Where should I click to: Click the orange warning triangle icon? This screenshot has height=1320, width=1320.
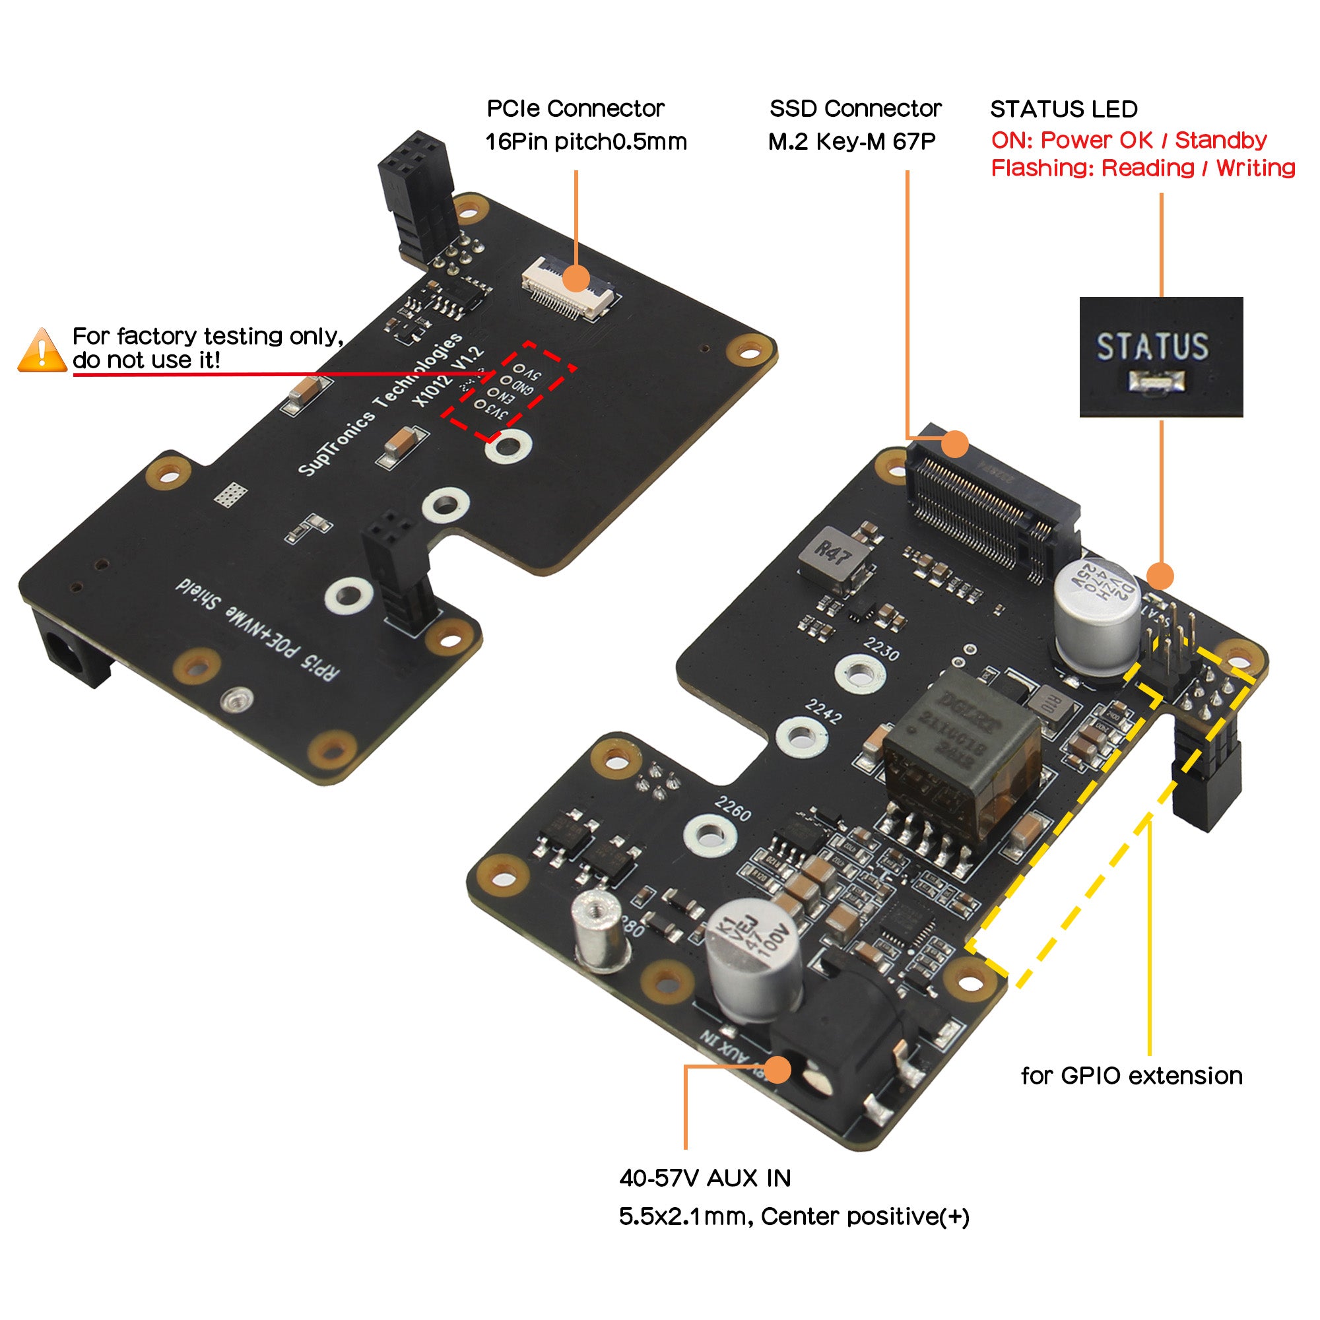click(42, 350)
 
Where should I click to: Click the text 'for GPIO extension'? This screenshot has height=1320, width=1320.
click(1131, 1076)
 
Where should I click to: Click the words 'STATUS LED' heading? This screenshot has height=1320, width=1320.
click(1063, 110)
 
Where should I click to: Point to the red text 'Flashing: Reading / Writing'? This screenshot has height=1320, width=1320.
click(1142, 168)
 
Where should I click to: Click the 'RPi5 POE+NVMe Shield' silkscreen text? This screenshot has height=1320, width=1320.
click(257, 629)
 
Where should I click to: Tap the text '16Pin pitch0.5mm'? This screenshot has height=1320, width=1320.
click(585, 141)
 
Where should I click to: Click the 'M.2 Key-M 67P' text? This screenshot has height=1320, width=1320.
click(851, 141)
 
